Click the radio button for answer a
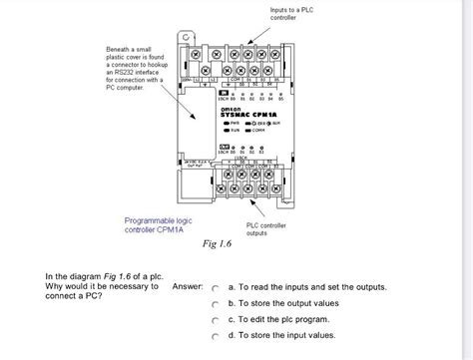(214, 287)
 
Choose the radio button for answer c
(214, 321)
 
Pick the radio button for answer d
(214, 338)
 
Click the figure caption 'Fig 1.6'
(216, 243)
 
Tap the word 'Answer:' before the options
(188, 286)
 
